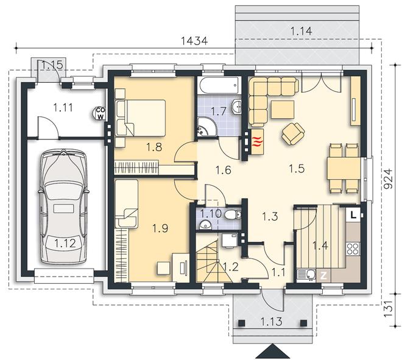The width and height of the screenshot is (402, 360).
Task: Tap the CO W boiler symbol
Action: click(x=99, y=113)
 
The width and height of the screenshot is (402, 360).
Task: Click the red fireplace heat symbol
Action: click(x=258, y=142)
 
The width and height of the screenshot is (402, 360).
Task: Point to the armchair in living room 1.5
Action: click(x=294, y=134)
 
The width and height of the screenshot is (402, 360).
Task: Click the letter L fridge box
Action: click(x=353, y=214)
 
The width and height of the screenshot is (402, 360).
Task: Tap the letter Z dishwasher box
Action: click(x=323, y=276)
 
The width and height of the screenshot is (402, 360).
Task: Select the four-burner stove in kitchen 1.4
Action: click(x=353, y=249)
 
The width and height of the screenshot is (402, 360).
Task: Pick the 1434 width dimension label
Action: click(x=194, y=41)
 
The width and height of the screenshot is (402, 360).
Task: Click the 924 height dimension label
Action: click(x=389, y=178)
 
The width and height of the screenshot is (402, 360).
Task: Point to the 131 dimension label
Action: click(x=389, y=308)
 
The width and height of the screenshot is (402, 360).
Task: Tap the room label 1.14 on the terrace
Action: click(x=301, y=31)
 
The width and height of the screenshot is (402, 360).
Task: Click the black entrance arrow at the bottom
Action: click(x=272, y=351)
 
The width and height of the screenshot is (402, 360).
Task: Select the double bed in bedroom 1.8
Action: click(x=140, y=118)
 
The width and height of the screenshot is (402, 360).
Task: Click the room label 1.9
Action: click(x=160, y=228)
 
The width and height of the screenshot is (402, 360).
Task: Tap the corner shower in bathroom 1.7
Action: click(x=207, y=127)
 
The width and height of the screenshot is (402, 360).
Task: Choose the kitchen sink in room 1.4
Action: click(x=306, y=275)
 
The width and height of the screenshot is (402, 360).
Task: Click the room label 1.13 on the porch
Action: click(x=271, y=321)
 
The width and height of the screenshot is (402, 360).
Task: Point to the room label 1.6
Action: click(x=223, y=170)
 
